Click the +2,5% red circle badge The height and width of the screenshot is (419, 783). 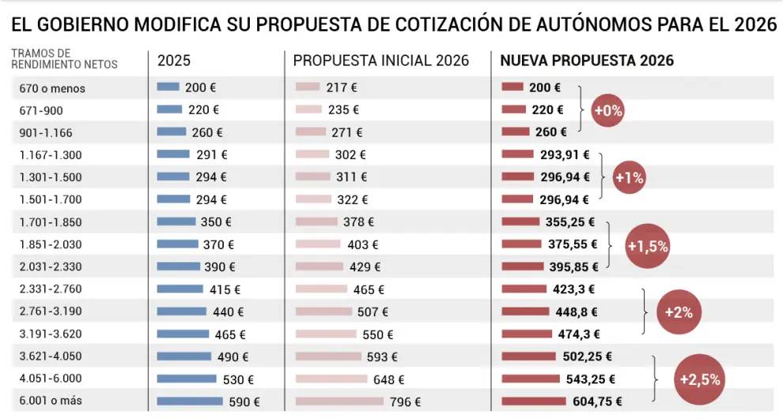(x=700, y=379)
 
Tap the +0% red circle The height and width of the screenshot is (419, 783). (x=607, y=111)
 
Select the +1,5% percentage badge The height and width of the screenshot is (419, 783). (x=647, y=246)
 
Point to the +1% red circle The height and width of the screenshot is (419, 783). (x=629, y=178)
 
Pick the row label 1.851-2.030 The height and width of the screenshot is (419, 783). (x=51, y=245)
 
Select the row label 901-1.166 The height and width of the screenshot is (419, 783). (x=47, y=133)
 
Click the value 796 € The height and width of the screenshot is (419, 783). (x=405, y=402)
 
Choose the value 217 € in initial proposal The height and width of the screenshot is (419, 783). (x=342, y=88)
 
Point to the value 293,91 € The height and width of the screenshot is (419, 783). (x=564, y=155)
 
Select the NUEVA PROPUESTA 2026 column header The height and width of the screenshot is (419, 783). (x=587, y=61)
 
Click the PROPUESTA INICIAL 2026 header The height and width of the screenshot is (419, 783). (x=380, y=61)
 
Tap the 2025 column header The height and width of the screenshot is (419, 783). (x=174, y=61)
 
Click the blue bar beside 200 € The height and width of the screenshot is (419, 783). (x=168, y=88)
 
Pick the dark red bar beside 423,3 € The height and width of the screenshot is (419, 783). (x=524, y=289)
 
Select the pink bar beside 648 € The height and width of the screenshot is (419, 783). (x=331, y=379)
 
